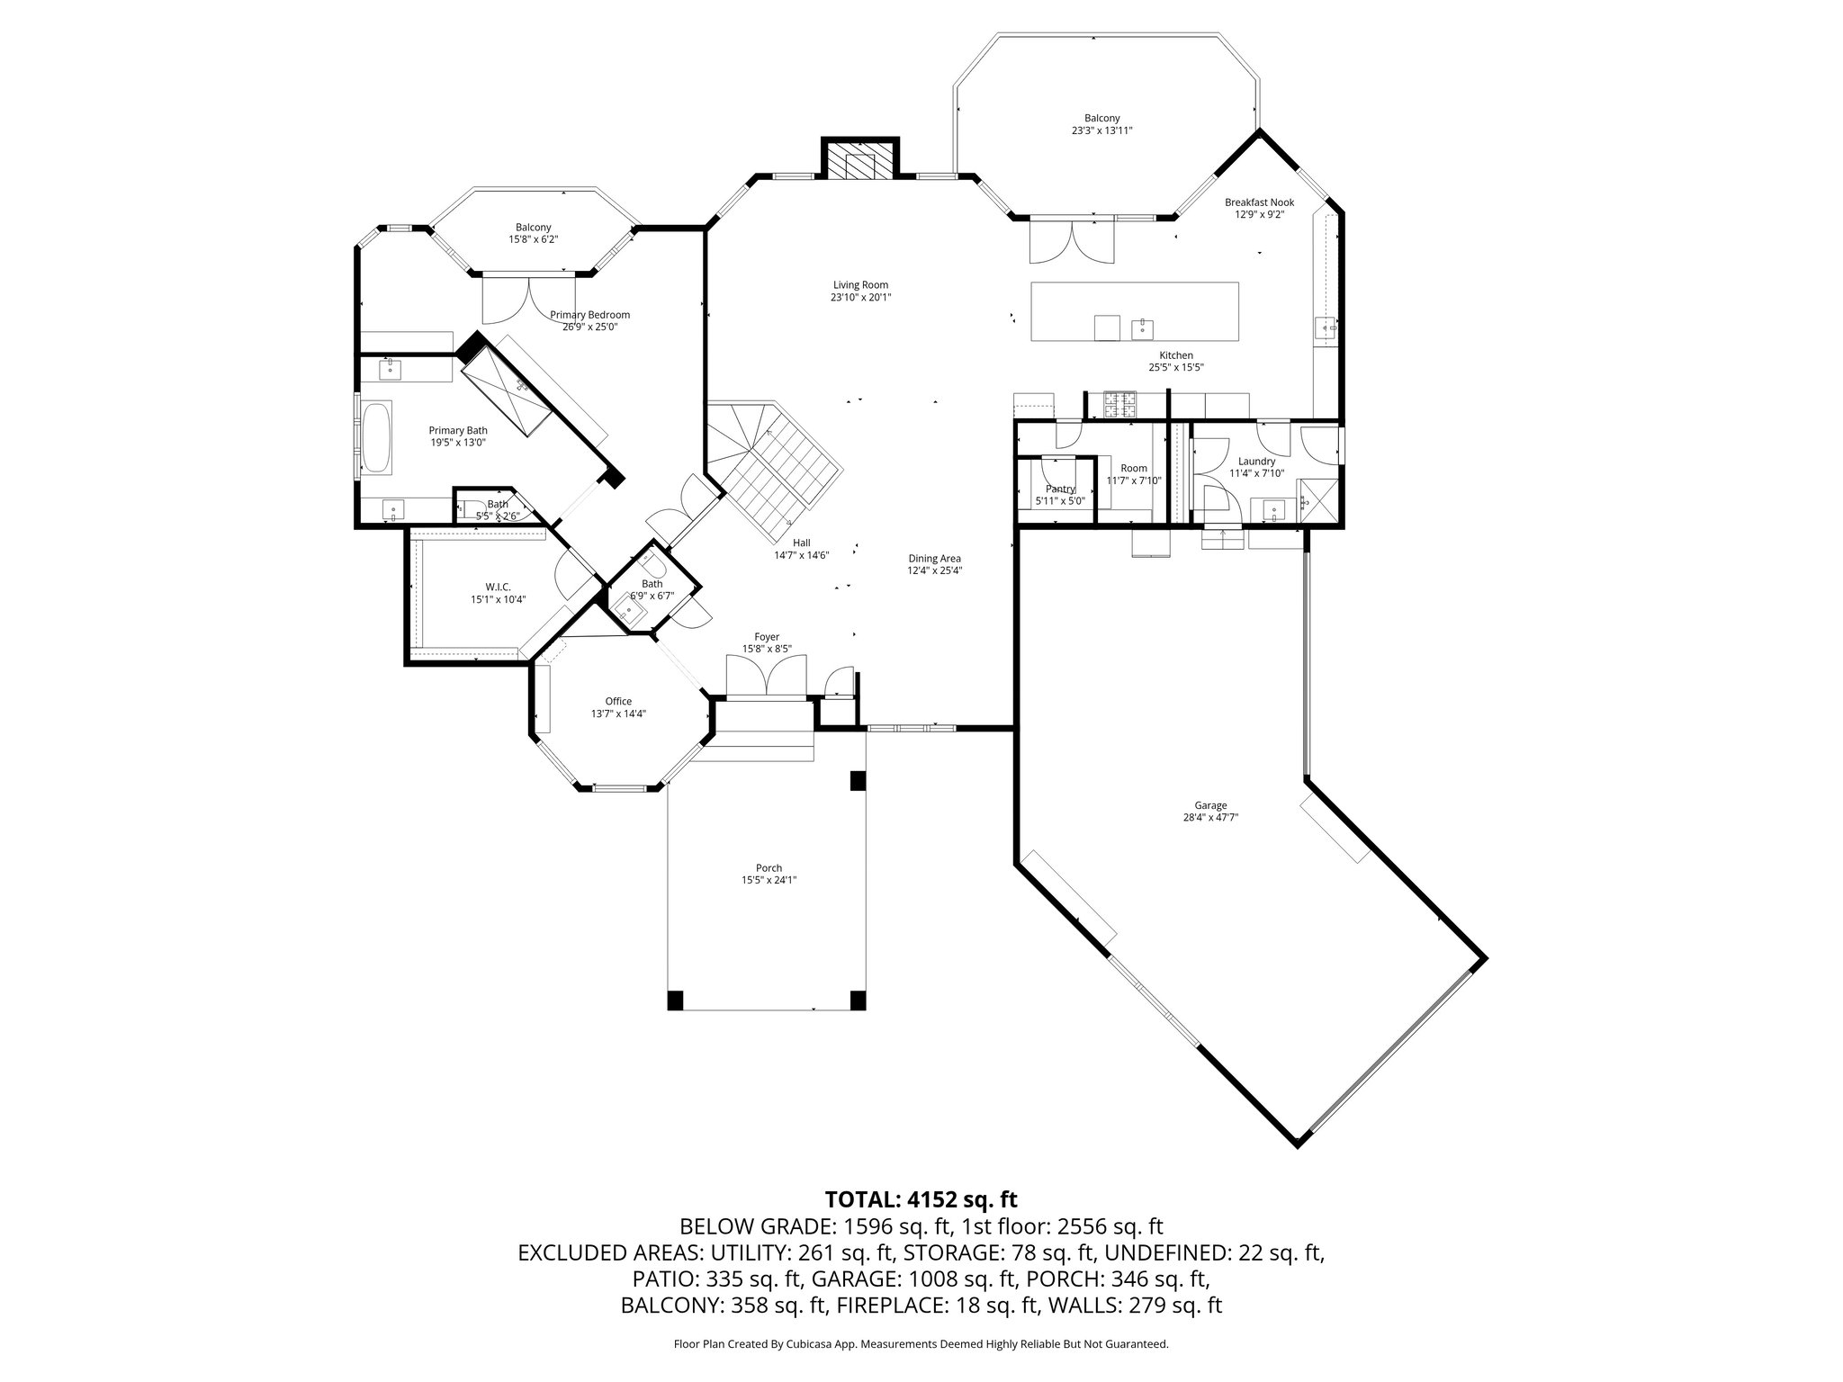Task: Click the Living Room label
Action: pyautogui.click(x=860, y=285)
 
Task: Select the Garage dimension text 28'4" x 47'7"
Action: pyautogui.click(x=1210, y=818)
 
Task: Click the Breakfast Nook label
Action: pyautogui.click(x=1259, y=202)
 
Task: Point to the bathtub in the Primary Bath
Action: pyautogui.click(x=376, y=438)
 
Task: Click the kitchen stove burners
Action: pyautogui.click(x=1113, y=405)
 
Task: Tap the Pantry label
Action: pyautogui.click(x=1060, y=489)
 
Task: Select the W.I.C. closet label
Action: pyautogui.click(x=497, y=587)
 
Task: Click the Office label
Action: pyautogui.click(x=618, y=701)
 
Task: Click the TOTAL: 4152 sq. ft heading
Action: pyautogui.click(x=921, y=1198)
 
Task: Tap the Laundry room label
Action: pyautogui.click(x=1256, y=462)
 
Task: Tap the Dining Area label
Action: pyautogui.click(x=934, y=558)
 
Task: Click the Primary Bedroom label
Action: pyautogui.click(x=589, y=315)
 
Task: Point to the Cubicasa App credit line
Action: pyautogui.click(x=921, y=1343)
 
